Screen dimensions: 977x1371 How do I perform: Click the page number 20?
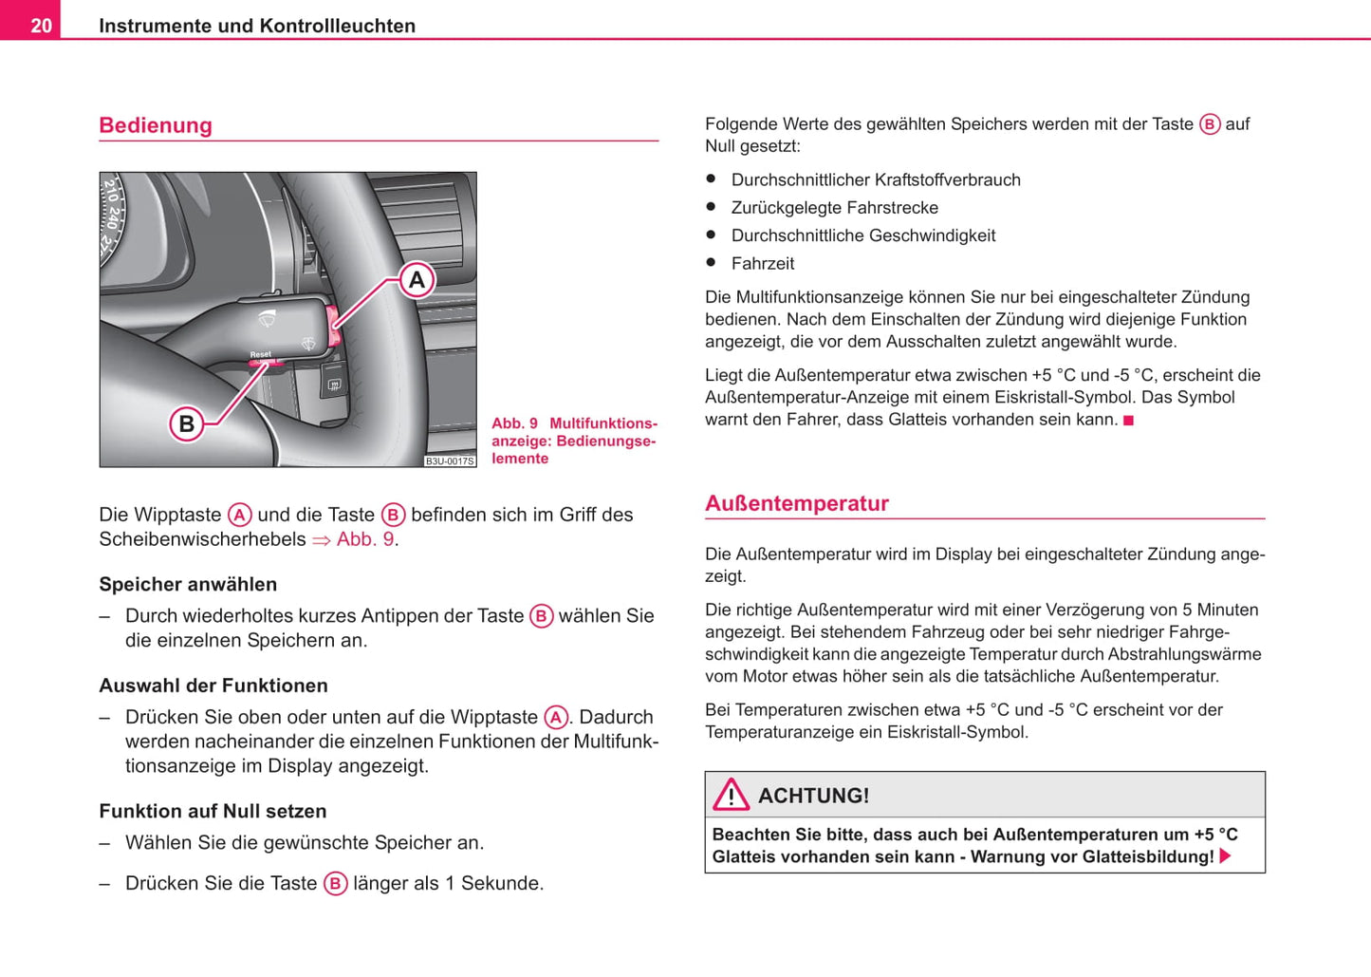(x=41, y=26)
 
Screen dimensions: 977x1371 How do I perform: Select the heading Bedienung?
(x=156, y=125)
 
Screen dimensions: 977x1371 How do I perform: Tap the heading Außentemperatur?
(x=796, y=503)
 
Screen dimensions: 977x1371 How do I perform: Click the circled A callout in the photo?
(x=417, y=280)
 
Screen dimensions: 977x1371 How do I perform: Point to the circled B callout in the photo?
(x=187, y=423)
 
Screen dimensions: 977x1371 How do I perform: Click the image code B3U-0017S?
(x=449, y=461)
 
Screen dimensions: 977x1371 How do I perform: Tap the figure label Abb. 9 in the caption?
(x=514, y=423)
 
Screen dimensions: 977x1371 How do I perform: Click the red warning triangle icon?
(x=732, y=795)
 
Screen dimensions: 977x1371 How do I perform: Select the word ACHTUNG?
(x=813, y=796)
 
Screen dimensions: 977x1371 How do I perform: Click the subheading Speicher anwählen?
(x=188, y=584)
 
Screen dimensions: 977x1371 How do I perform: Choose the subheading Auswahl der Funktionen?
(x=213, y=686)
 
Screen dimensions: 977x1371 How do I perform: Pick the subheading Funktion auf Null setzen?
(x=213, y=811)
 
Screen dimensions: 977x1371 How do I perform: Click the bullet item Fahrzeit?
(x=763, y=264)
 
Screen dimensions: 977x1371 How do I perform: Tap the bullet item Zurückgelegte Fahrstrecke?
(x=834, y=208)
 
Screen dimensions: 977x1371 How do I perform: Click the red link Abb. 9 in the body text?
(x=365, y=539)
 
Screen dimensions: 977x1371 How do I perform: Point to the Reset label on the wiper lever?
(x=261, y=354)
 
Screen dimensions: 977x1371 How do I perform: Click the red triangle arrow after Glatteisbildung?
(x=1225, y=856)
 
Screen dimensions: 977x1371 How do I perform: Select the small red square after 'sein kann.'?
(x=1129, y=421)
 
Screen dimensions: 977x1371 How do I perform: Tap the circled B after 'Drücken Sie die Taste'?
(x=335, y=884)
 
